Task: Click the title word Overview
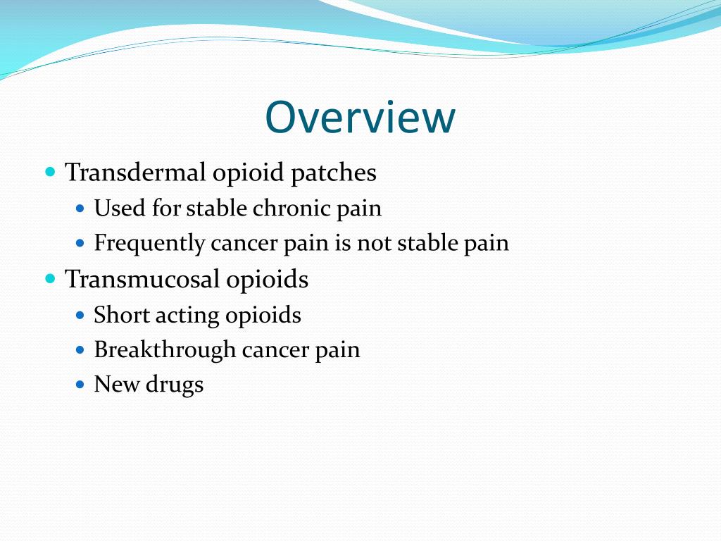click(x=360, y=117)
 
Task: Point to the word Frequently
click(x=149, y=244)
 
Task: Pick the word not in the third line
click(x=375, y=244)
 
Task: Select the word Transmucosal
click(x=142, y=280)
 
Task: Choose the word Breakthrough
click(x=165, y=350)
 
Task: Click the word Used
click(x=115, y=209)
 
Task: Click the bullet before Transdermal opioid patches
click(x=50, y=172)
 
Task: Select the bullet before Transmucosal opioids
click(x=50, y=279)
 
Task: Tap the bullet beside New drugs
click(x=80, y=385)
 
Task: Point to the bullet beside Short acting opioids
click(x=80, y=314)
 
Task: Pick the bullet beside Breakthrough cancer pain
click(x=80, y=349)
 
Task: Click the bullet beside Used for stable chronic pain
click(x=80, y=209)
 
